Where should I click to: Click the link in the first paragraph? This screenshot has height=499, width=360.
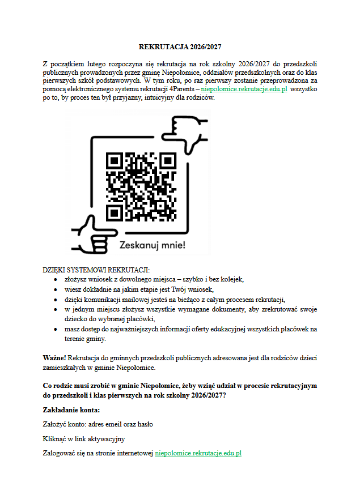[x=244, y=89]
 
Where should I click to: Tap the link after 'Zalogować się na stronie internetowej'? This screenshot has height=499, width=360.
[x=198, y=453]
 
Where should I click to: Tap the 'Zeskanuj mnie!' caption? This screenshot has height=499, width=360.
[x=152, y=245]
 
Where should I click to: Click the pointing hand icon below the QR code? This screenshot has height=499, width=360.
[x=94, y=233]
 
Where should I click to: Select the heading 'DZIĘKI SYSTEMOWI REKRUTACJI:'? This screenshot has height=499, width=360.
[x=96, y=270]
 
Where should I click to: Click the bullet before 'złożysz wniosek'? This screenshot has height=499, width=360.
[x=55, y=280]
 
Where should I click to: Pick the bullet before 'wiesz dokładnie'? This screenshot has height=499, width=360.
[x=55, y=289]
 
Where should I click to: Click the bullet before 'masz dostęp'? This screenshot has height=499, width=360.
[x=55, y=329]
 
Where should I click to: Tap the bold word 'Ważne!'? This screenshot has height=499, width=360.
[x=54, y=359]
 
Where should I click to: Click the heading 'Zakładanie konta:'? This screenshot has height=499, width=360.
[x=71, y=410]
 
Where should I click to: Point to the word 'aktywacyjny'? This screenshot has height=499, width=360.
[x=107, y=439]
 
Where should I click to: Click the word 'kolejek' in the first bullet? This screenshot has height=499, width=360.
[x=231, y=280]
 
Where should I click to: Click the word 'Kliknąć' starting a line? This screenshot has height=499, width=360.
[x=54, y=439]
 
